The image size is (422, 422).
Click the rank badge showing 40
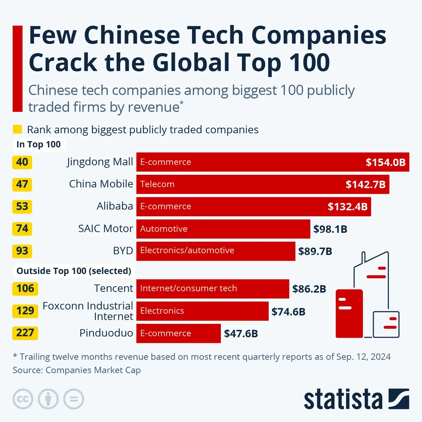(22, 162)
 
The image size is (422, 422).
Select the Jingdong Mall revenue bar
(273, 162)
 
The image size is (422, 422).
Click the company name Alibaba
(115, 206)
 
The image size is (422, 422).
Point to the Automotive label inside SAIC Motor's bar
(164, 229)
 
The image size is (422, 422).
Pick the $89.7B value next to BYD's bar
(315, 251)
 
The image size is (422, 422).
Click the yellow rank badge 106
(25, 289)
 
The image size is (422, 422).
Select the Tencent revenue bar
(212, 289)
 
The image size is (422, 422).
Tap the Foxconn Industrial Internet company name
(88, 311)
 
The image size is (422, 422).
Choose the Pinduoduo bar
(178, 333)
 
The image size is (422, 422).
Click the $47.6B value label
(241, 333)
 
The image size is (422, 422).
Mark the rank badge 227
(25, 333)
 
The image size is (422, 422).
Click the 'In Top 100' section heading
(39, 145)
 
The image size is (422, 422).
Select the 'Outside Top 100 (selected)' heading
(74, 271)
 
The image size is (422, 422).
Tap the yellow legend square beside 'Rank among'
(17, 129)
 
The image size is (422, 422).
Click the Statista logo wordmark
(343, 399)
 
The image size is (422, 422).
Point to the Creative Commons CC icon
(23, 399)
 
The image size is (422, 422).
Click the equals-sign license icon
(73, 399)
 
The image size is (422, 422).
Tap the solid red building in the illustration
(349, 313)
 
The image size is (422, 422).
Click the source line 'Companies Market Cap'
(93, 370)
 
